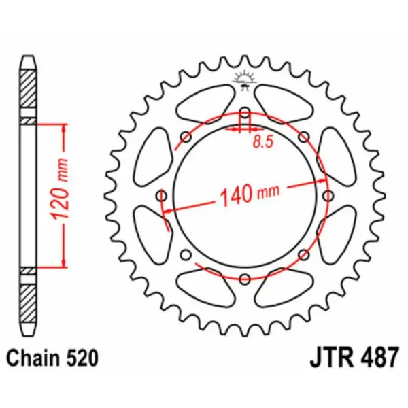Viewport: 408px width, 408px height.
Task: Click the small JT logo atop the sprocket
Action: pyautogui.click(x=244, y=80)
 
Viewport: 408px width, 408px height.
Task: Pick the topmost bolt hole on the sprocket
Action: pyautogui.click(x=244, y=114)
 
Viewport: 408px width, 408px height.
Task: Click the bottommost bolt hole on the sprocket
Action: pyautogui.click(x=244, y=278)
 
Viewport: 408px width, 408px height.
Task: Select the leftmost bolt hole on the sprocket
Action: pyautogui.click(x=161, y=196)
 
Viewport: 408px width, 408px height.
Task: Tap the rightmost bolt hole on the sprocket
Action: pyautogui.click(x=327, y=196)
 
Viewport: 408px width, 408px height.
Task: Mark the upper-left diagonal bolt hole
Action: pyautogui.click(x=186, y=137)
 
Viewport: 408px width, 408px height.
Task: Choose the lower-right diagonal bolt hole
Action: pyautogui.click(x=303, y=254)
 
